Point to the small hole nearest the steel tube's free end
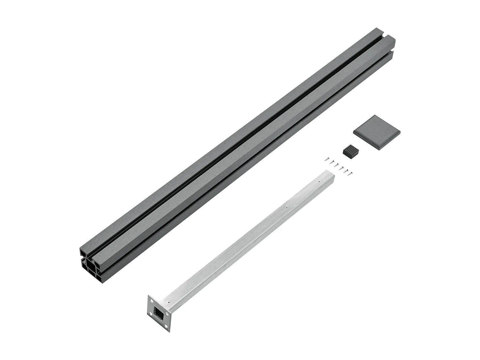point(319,181)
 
